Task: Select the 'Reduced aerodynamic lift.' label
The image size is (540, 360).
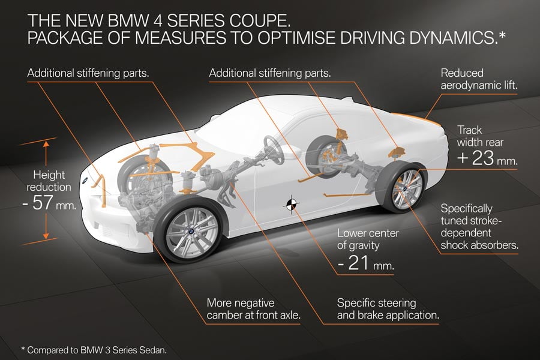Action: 479,79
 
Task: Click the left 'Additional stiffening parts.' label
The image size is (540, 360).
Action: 88,73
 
